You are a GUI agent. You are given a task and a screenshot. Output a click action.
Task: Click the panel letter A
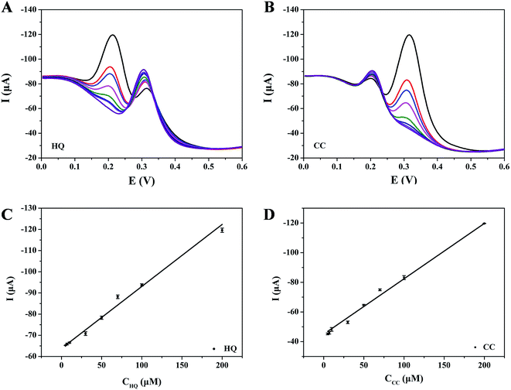click(x=6, y=9)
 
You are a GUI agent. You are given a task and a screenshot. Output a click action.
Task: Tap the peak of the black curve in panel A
click(x=113, y=35)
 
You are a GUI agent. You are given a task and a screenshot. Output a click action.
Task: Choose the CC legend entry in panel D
click(x=489, y=347)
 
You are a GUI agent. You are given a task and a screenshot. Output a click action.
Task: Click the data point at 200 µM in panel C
click(x=222, y=230)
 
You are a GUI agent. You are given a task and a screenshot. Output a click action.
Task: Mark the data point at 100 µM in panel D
click(x=404, y=277)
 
